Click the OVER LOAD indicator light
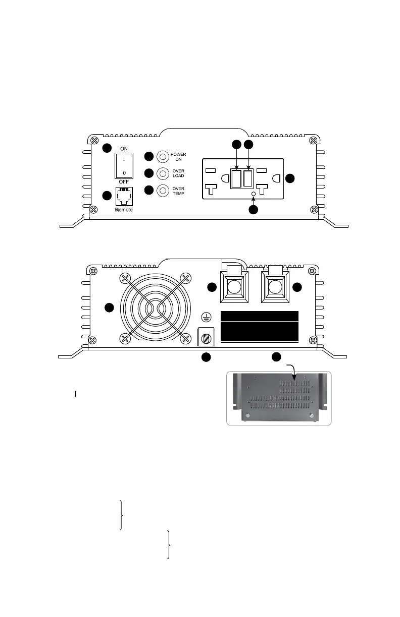point(163,173)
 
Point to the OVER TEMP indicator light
point(163,191)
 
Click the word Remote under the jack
point(124,209)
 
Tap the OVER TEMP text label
point(178,191)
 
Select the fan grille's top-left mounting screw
point(124,278)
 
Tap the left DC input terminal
point(234,287)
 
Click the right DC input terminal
point(275,287)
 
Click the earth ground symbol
point(206,317)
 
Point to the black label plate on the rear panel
point(260,327)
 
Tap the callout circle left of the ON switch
point(106,148)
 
